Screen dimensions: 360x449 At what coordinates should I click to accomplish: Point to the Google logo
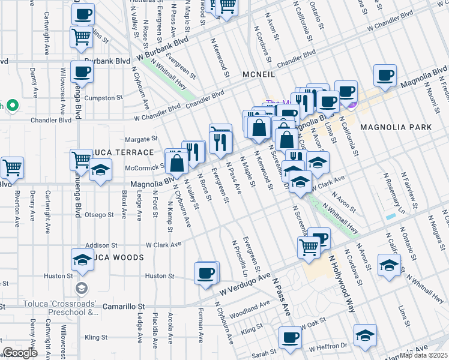point(20,353)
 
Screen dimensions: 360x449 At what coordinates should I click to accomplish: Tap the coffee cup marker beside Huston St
point(205,273)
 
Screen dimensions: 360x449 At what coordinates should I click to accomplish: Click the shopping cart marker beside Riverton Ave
point(11,168)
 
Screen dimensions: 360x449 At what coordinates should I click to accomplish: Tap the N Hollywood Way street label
point(341,284)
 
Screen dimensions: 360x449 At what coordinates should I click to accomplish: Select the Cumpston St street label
point(103,97)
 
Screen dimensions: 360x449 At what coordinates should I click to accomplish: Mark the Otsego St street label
point(98,214)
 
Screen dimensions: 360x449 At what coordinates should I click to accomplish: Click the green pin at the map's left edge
point(9,106)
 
